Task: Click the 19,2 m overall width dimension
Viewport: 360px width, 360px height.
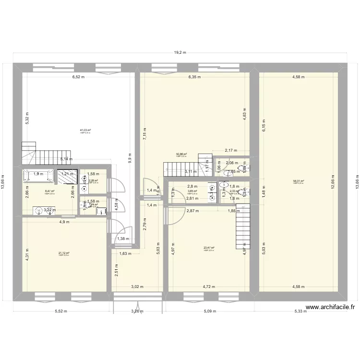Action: pos(180,53)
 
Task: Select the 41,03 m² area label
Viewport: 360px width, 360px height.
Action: pos(85,130)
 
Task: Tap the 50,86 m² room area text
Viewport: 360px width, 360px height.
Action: pos(181,155)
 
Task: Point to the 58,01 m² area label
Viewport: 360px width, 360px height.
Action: pos(299,181)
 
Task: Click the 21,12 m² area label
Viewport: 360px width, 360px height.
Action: pos(64,253)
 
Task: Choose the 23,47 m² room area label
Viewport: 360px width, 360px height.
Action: pos(209,248)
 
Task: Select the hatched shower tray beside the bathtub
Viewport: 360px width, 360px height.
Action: pos(67,177)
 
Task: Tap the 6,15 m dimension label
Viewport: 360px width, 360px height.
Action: pos(263,126)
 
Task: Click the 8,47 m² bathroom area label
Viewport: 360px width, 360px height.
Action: pos(49,191)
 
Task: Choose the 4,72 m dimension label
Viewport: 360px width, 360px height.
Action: pos(209,287)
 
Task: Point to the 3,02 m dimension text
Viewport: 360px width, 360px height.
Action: pos(137,287)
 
